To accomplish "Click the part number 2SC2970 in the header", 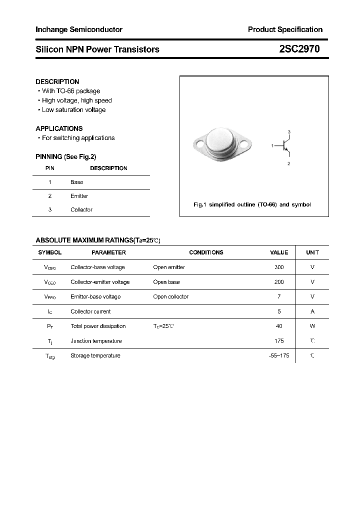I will pyautogui.click(x=299, y=49).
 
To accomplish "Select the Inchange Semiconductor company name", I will pyautogui.click(x=79, y=29).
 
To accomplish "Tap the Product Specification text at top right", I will pyautogui.click(x=285, y=29).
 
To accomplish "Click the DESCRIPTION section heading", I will pyautogui.click(x=57, y=81).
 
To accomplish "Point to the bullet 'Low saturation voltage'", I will pyautogui.click(x=73, y=110).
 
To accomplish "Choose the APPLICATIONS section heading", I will pyautogui.click(x=59, y=128).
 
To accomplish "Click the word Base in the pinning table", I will pyautogui.click(x=77, y=182).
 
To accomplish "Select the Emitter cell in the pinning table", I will pyautogui.click(x=79, y=196).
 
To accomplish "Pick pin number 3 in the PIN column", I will pyautogui.click(x=50, y=210).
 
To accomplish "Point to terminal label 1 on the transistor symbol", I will pyautogui.click(x=272, y=145).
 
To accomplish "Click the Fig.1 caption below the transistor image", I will pyautogui.click(x=252, y=205).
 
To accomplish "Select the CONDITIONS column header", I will pyautogui.click(x=206, y=252).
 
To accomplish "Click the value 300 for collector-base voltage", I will pyautogui.click(x=279, y=267).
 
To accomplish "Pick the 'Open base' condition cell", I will pyautogui.click(x=166, y=282).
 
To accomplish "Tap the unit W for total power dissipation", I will pyautogui.click(x=312, y=326).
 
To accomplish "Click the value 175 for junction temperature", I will pyautogui.click(x=279, y=341).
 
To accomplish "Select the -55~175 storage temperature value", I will pyautogui.click(x=279, y=356).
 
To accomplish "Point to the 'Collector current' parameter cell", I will pyautogui.click(x=91, y=311).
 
